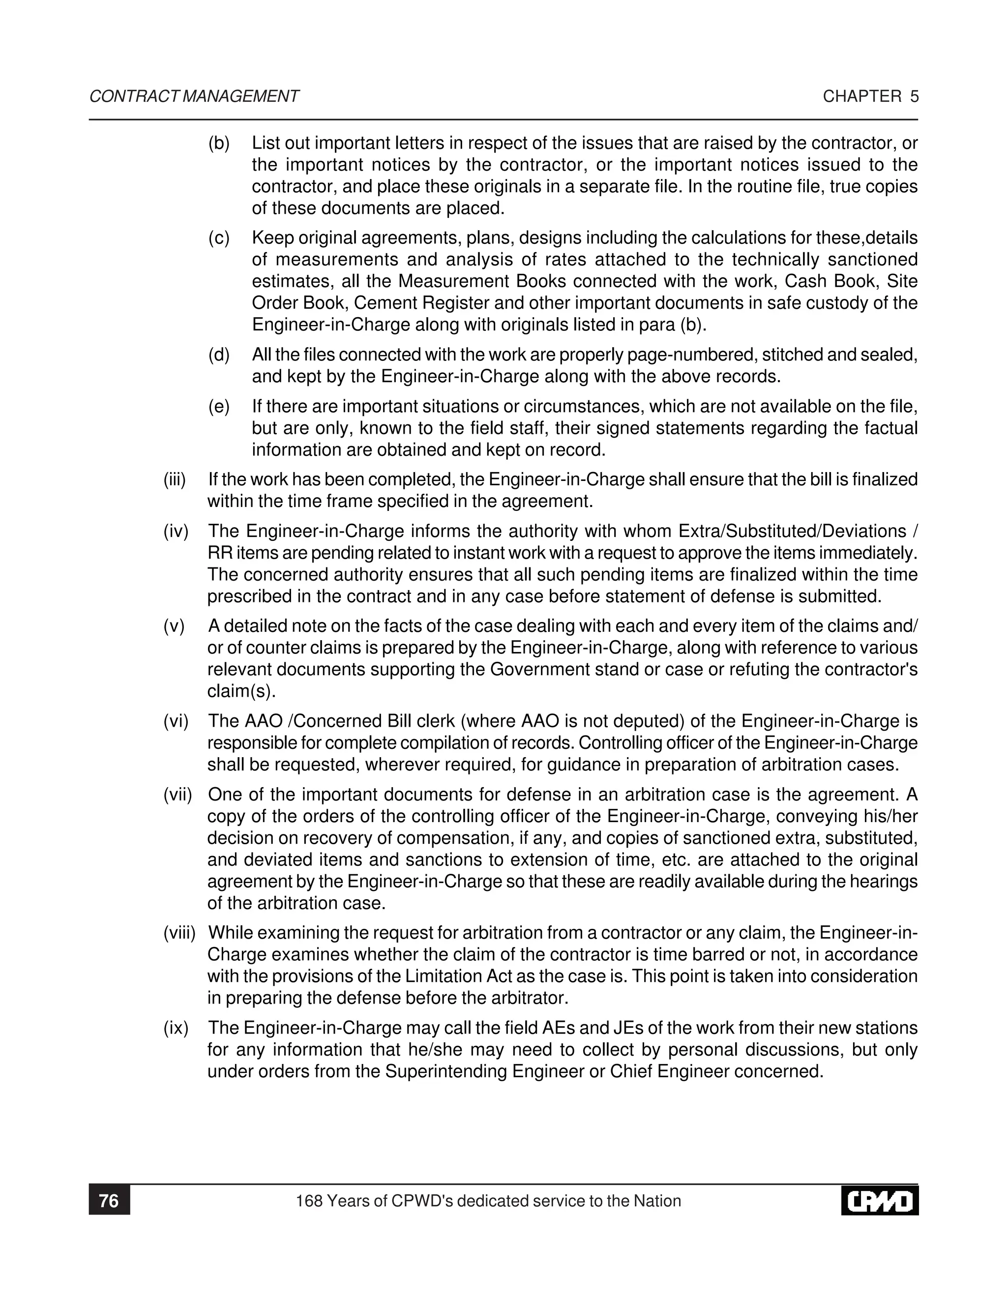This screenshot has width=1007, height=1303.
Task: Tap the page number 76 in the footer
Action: pos(109,1200)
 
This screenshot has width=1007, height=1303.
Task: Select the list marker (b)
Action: pos(219,143)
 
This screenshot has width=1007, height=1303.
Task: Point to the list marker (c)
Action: pos(219,238)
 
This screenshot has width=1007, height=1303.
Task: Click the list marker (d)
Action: pos(219,355)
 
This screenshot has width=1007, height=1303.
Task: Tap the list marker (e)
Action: pos(219,407)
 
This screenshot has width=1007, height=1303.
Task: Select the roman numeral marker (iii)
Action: pos(175,480)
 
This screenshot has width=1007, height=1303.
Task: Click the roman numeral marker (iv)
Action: pos(176,531)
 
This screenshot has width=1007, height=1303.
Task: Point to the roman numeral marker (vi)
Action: pos(176,721)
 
